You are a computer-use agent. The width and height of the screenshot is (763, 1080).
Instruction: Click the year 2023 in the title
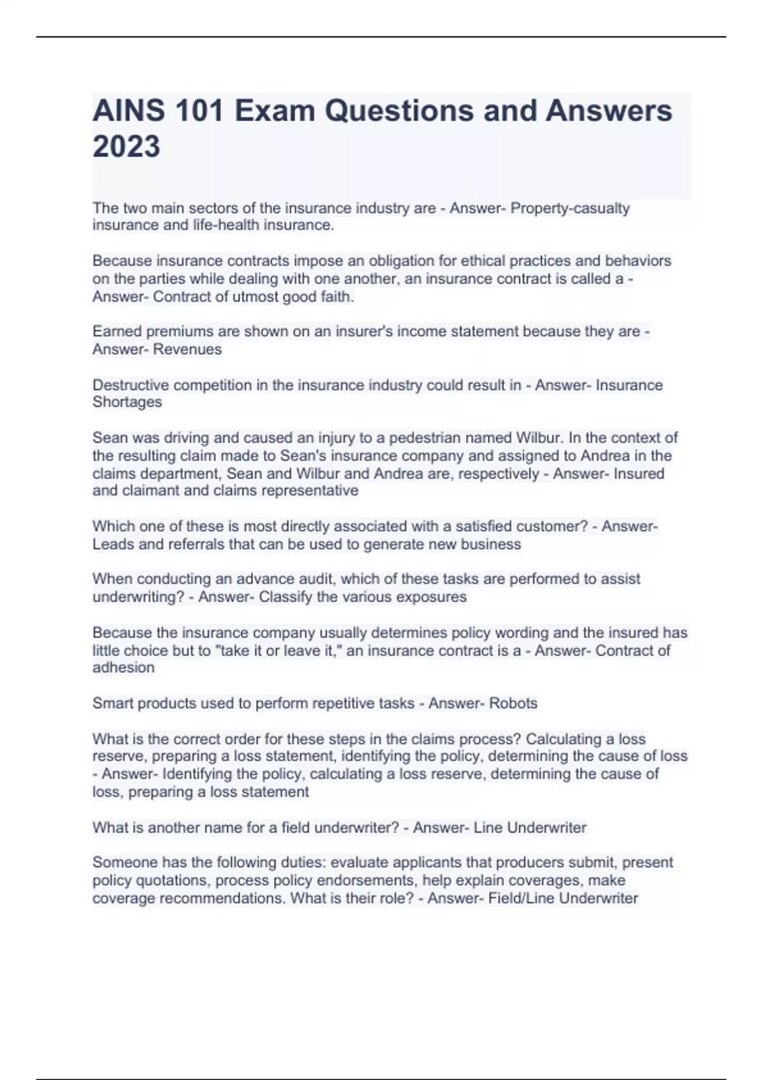point(127,147)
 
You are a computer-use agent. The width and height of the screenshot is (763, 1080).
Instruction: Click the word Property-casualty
point(570,208)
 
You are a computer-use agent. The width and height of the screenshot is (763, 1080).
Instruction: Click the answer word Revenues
point(188,349)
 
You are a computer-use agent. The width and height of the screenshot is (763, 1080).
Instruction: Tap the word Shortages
point(127,402)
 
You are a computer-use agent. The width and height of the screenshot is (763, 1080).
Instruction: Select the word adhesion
point(123,668)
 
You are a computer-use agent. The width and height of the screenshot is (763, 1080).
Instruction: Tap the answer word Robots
point(513,703)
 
